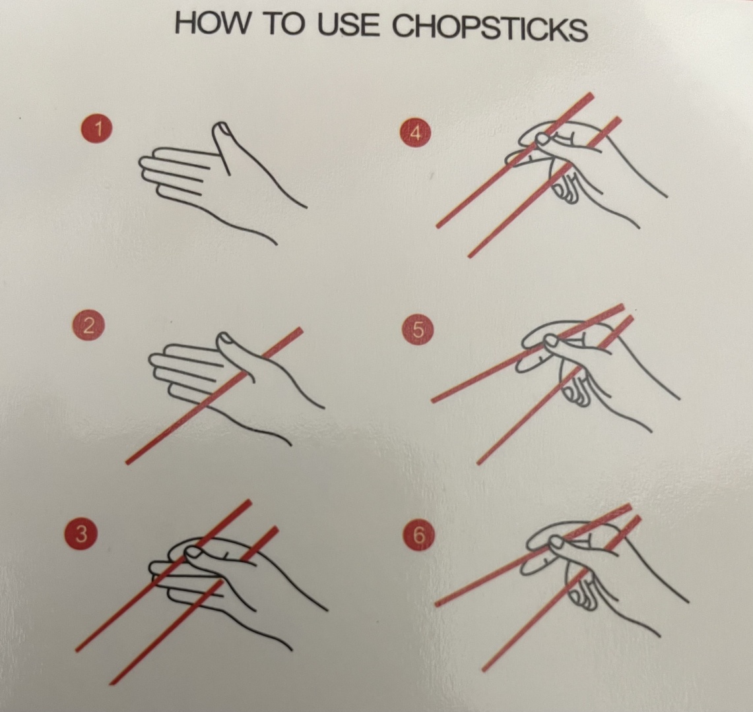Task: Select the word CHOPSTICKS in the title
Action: (490, 27)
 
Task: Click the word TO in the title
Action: (284, 24)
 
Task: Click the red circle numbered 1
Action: (98, 129)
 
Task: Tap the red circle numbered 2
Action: (88, 326)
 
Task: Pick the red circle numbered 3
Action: (82, 533)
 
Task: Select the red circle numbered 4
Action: (416, 133)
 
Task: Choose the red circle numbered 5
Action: (418, 330)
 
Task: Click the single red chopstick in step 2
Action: (214, 396)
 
